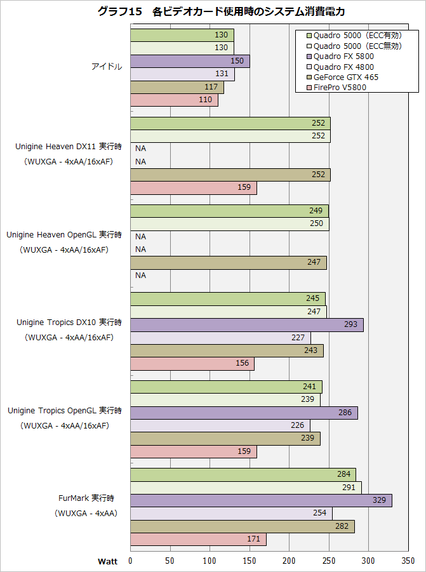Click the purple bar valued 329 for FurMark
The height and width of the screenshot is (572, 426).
pos(261,500)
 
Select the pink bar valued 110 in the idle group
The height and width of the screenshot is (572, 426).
pos(174,100)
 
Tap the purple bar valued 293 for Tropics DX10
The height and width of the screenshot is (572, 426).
pos(246,325)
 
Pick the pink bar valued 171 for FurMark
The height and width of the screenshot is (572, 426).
pos(198,540)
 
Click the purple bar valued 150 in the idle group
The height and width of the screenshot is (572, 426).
pos(190,61)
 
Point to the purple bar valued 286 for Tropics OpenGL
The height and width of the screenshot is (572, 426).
pos(244,413)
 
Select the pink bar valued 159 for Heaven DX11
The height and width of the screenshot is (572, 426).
pos(194,188)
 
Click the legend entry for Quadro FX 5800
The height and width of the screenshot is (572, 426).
pos(343,56)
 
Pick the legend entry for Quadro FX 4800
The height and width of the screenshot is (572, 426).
pos(343,67)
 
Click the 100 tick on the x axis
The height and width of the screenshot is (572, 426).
pos(210,561)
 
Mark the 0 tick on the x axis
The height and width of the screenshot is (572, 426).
pos(130,561)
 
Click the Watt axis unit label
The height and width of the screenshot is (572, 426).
pos(107,561)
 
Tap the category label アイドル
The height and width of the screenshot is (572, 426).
pos(107,67)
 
